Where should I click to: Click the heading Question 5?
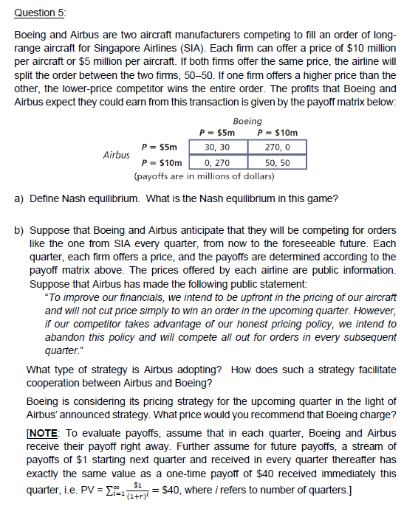point(36,12)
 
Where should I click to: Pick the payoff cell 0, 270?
point(217,162)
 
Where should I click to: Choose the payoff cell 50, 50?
point(276,162)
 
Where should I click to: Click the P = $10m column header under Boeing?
point(276,134)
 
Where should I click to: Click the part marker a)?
point(18,198)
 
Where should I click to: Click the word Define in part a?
point(44,198)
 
